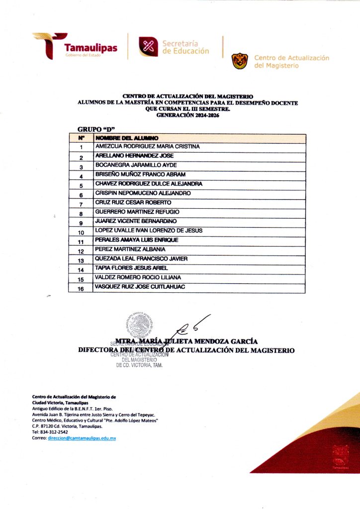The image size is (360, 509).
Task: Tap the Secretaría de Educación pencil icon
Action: (148, 46)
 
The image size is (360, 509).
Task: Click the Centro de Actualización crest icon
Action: (240, 61)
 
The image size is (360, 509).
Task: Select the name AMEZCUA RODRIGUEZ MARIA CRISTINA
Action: (147, 147)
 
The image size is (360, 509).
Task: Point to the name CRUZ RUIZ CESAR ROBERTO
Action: (133, 203)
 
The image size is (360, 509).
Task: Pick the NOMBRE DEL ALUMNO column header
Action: (127, 138)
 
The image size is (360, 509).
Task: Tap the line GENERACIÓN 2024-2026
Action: (187, 115)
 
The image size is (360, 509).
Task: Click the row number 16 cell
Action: (81, 288)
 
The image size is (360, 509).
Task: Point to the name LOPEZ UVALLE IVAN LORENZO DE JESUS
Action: (148, 231)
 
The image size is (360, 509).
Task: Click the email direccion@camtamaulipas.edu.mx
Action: (82, 438)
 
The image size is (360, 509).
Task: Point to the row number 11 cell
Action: (81, 242)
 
